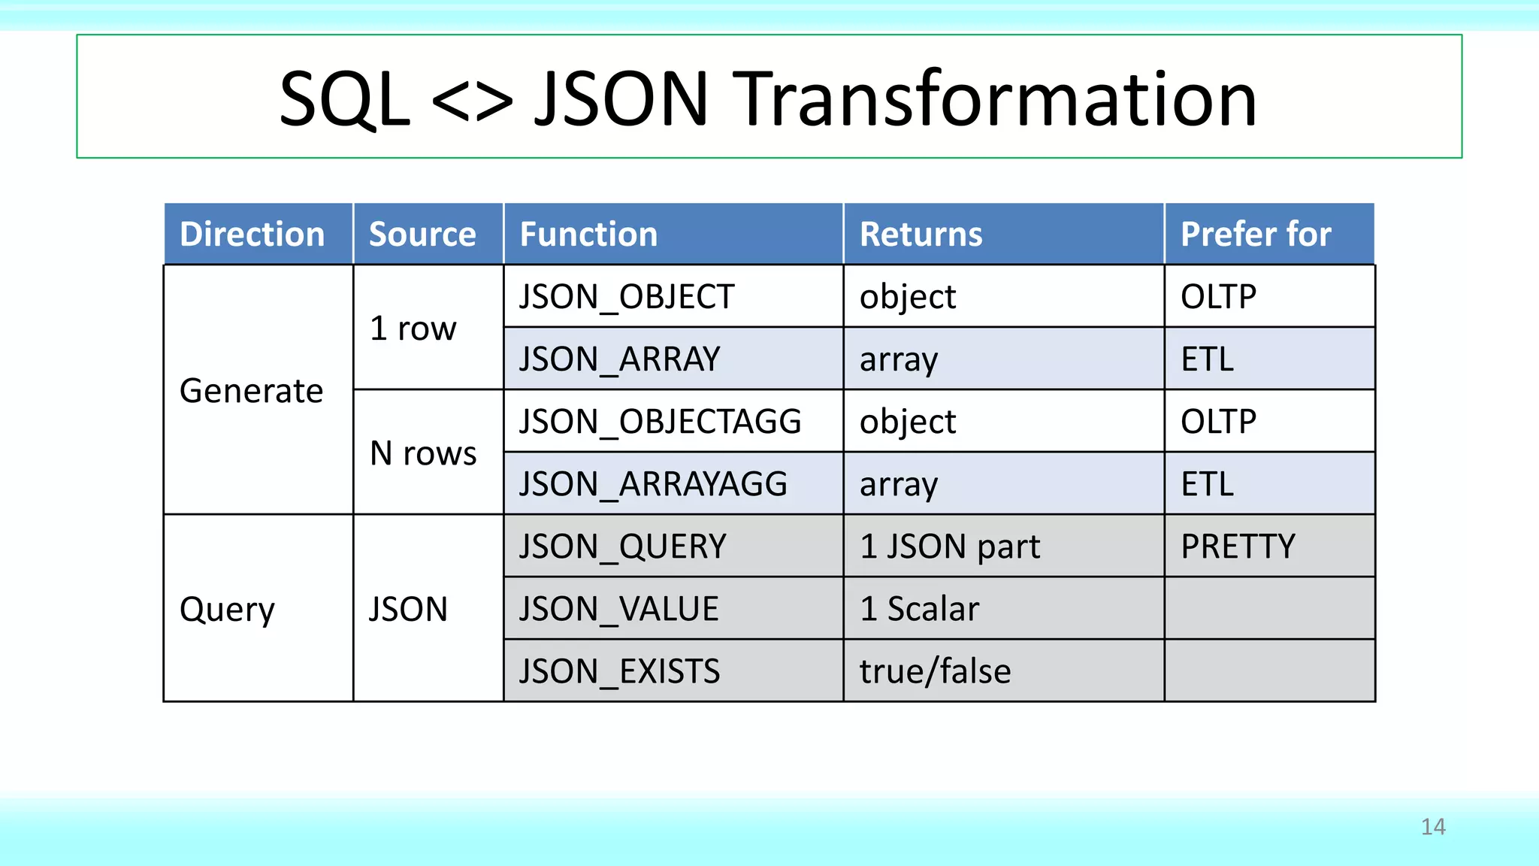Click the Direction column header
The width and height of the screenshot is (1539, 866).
(x=252, y=234)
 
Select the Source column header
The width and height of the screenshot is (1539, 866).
(x=422, y=234)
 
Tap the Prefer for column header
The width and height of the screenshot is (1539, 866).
(x=1256, y=234)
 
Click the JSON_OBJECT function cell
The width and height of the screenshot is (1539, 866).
(x=626, y=296)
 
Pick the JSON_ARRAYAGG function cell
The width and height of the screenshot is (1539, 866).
(x=652, y=483)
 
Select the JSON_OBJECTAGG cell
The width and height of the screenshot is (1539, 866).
(x=660, y=421)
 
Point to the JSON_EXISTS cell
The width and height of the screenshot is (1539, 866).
(x=619, y=671)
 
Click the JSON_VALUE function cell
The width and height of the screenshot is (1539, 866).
(x=618, y=608)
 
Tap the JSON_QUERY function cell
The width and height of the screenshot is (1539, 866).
(x=622, y=546)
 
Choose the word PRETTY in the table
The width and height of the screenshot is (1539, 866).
(x=1238, y=546)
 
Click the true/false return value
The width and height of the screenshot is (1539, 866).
(x=935, y=671)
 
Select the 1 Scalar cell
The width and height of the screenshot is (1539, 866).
(x=919, y=608)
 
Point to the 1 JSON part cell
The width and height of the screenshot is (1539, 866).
(x=950, y=546)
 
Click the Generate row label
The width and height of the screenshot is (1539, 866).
(x=251, y=390)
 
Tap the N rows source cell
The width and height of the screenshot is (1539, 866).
(x=423, y=453)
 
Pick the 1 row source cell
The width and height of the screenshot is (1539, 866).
(x=413, y=328)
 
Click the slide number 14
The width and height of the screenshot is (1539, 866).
(x=1433, y=826)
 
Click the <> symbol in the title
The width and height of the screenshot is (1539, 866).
(x=472, y=100)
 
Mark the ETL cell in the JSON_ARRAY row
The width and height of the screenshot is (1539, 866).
(x=1207, y=359)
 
